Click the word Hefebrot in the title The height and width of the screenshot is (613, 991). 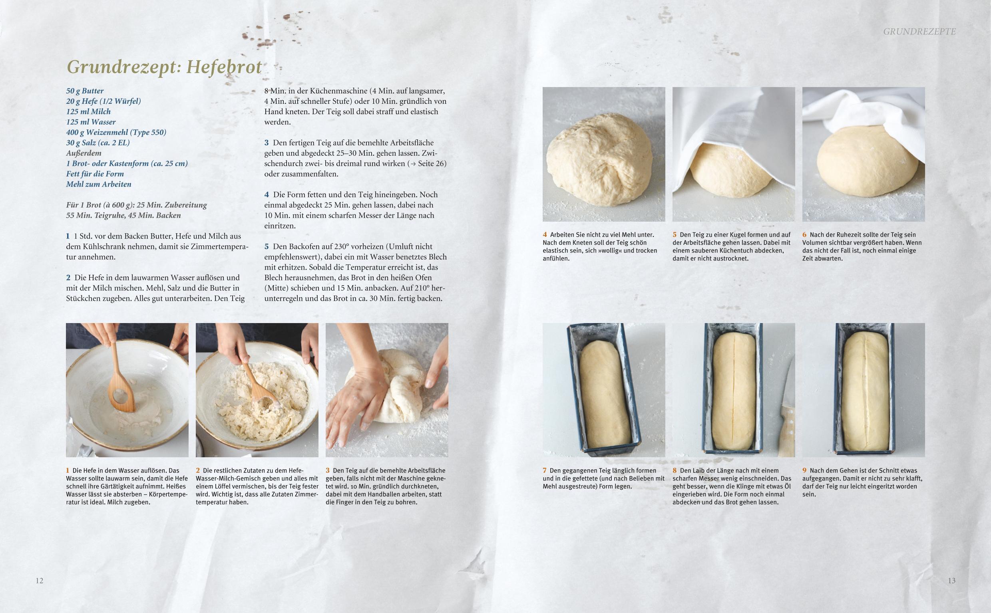pyautogui.click(x=224, y=67)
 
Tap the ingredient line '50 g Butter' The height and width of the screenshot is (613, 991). pyautogui.click(x=85, y=91)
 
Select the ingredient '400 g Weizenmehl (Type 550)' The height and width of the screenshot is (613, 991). pyautogui.click(x=116, y=132)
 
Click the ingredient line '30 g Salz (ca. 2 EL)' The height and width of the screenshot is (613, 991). pyautogui.click(x=98, y=143)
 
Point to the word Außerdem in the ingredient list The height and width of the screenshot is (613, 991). pyautogui.click(x=84, y=153)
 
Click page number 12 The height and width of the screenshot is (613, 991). pyautogui.click(x=39, y=581)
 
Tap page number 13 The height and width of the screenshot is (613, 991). pyautogui.click(x=952, y=581)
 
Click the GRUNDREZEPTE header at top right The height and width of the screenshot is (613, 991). pyautogui.click(x=919, y=32)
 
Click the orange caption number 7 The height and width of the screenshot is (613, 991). pyautogui.click(x=545, y=470)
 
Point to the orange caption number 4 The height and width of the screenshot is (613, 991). pyautogui.click(x=545, y=234)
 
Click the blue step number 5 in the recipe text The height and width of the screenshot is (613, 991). pyautogui.click(x=267, y=246)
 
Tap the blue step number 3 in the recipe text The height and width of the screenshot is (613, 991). pyautogui.click(x=267, y=143)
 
